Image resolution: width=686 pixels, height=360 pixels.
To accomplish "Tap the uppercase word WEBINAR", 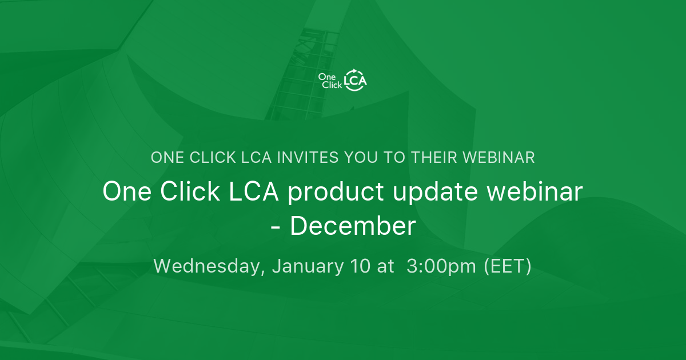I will [501, 158].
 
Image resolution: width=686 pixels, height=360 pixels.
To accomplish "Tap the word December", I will [353, 226].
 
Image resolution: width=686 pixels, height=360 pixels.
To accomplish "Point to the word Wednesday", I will [209, 266].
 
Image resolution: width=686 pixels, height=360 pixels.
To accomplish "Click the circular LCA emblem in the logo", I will [355, 81].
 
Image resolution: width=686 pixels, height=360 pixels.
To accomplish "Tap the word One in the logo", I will [326, 77].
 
